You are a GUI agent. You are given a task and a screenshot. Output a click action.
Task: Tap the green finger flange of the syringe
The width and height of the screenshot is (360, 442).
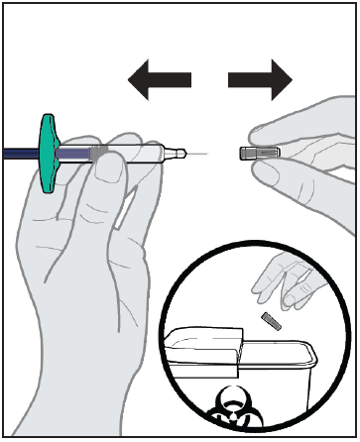[x=49, y=153]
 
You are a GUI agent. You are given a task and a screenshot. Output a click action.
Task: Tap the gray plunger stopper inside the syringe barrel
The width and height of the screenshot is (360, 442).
[x=94, y=154]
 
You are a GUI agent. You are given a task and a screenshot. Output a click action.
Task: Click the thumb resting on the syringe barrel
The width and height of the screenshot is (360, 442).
[x=108, y=173]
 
